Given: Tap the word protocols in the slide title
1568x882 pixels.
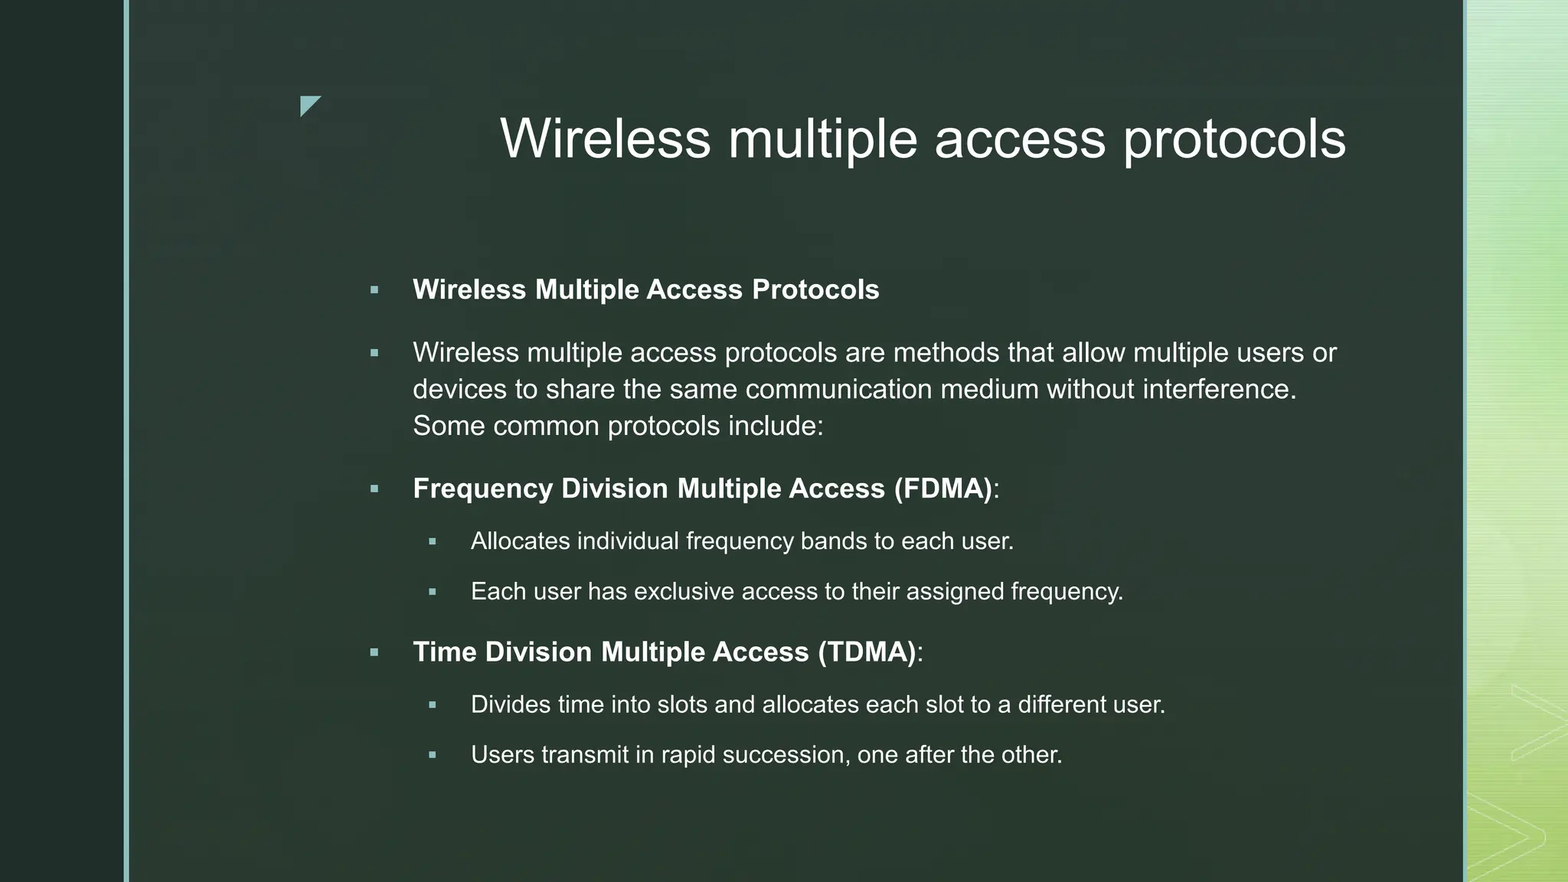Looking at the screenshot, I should coord(1234,140).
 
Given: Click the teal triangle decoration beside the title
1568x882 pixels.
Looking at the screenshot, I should coord(309,105).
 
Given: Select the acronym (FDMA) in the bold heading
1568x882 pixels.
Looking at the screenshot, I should coord(942,488).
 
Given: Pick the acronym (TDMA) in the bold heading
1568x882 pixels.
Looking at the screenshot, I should coord(867,652).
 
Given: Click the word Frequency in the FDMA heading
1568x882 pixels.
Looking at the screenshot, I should coord(482,488).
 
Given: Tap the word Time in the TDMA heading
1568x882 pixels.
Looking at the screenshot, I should coord(444,652).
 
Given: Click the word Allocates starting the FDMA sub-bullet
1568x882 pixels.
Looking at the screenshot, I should coord(521,541).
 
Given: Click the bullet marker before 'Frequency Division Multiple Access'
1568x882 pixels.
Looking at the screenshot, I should coord(374,488).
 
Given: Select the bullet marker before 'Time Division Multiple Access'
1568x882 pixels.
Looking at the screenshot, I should coord(374,652).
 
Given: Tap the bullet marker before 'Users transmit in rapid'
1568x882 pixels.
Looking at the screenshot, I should coord(433,755).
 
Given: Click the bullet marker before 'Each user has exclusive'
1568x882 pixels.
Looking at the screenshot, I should coord(433,592).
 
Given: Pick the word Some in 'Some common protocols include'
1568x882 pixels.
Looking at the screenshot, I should coord(449,426).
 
